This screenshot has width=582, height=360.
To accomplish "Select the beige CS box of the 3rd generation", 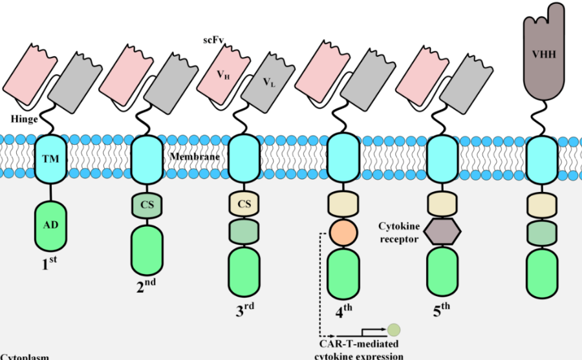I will coord(245,205).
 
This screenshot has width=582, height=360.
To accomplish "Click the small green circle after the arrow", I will coord(394,330).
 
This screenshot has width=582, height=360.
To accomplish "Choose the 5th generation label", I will coord(442,311).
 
